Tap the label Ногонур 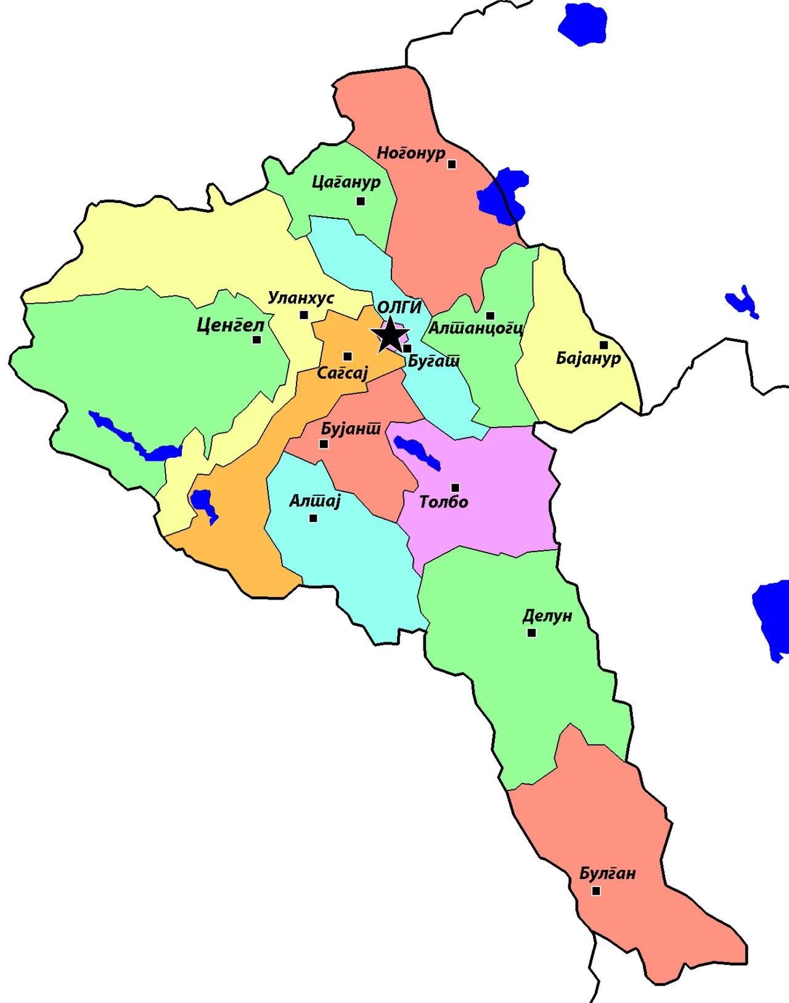pos(411,152)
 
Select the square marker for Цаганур pos(361,201)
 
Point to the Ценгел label pos(230,325)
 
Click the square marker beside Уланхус pos(303,315)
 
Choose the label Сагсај pos(342,373)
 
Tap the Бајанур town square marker pos(603,345)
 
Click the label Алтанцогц pos(476,328)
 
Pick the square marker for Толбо pos(455,488)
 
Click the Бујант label pos(351,429)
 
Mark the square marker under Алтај pos(313,518)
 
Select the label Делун pos(547,616)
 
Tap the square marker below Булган pos(596,891)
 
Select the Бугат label pos(434,361)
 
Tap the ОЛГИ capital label pos(399,307)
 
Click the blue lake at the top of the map pos(583,24)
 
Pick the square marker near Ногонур pos(452,165)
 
